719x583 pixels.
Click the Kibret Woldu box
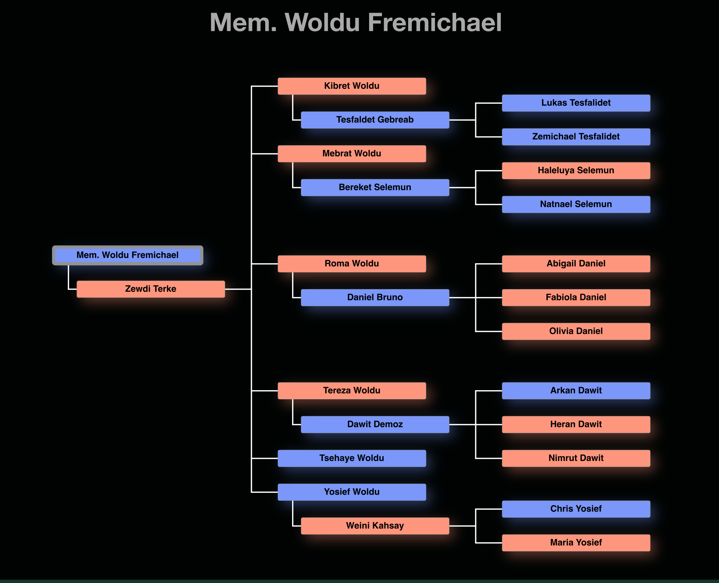[x=352, y=86]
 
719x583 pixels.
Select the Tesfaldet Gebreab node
[x=375, y=120]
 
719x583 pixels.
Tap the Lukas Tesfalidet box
[x=576, y=103]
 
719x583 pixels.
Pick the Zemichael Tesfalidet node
[x=576, y=137]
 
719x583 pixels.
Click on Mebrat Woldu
[x=352, y=154]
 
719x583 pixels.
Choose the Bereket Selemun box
[x=375, y=187]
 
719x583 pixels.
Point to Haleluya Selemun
[x=576, y=170]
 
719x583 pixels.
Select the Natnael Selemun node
[x=576, y=204]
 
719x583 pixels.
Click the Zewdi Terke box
[x=150, y=289]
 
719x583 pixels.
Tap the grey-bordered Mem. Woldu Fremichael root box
[x=127, y=255]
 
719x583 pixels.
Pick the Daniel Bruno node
[x=375, y=298]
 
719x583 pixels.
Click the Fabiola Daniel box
[x=576, y=298]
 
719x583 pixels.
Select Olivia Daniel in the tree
[x=576, y=331]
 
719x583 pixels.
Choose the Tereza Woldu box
[x=352, y=390]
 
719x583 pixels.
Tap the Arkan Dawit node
[x=576, y=390]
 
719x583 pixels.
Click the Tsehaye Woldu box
[x=352, y=458]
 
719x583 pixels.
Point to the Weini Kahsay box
[x=375, y=526]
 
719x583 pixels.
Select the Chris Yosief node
[x=576, y=509]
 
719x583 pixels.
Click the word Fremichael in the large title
[x=435, y=22]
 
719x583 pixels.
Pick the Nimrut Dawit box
[x=576, y=458]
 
